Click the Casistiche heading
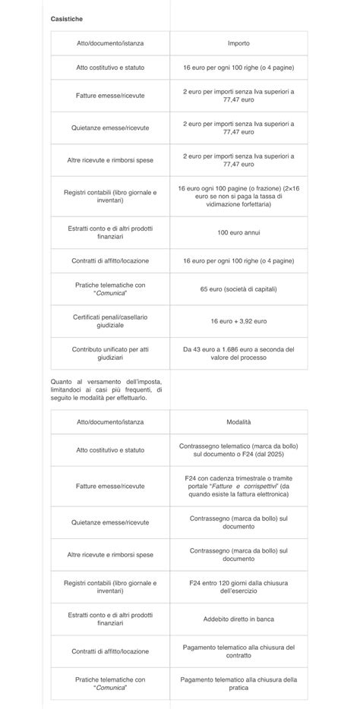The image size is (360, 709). [x=67, y=17]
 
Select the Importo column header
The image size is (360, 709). [x=238, y=43]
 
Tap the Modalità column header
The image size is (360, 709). [x=238, y=421]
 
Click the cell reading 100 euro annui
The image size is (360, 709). [x=238, y=232]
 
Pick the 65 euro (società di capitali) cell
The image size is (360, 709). [x=238, y=289]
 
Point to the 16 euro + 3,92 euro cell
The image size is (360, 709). [x=238, y=321]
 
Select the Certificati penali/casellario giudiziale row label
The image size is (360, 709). [x=111, y=321]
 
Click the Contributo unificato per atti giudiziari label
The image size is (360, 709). [x=111, y=354]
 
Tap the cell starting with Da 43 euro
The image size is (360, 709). [x=238, y=354]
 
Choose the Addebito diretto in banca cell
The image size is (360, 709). [x=238, y=619]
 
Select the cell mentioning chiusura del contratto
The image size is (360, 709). [x=238, y=651]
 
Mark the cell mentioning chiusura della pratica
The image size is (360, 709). [x=238, y=683]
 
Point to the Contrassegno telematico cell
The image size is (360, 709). [x=238, y=450]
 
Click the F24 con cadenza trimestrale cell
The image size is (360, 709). [x=238, y=486]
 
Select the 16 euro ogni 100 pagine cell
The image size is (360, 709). [x=238, y=195]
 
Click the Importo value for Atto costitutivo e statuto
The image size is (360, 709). [x=238, y=68]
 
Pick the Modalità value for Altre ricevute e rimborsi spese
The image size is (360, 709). [x=238, y=555]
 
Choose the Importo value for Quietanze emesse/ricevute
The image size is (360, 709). [x=238, y=128]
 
